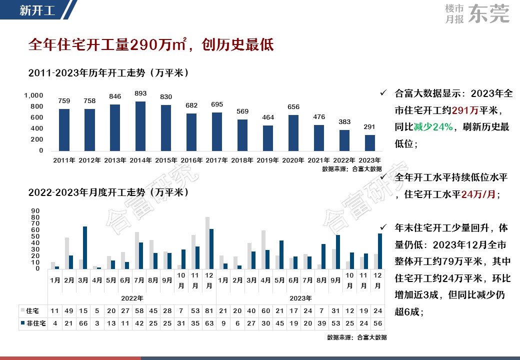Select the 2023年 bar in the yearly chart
coord(369,143)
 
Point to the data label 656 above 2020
coord(293,107)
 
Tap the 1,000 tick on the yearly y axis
coord(34,95)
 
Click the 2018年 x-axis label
coord(242,160)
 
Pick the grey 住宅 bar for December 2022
coord(207,242)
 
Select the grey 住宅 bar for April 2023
coord(263,249)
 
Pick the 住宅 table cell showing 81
coord(209,311)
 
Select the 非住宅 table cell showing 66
coord(83,323)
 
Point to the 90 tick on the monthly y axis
coord(35,210)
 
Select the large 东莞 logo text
coord(489,14)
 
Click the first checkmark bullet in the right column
coord(383,93)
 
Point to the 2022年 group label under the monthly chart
coord(132,298)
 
